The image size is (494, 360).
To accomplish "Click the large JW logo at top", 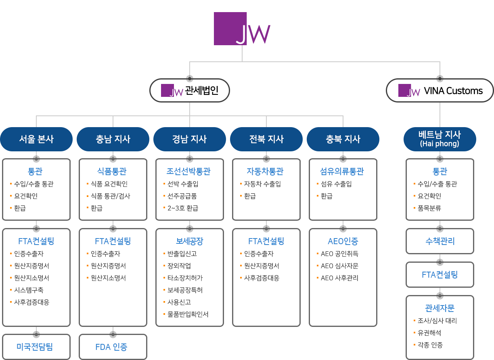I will point(242,29).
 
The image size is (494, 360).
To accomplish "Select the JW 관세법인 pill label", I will point(190,90).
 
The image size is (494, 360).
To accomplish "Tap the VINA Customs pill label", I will point(440,90).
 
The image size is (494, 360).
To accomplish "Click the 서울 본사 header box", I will point(36,139).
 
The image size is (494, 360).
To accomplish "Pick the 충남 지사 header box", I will point(113,139).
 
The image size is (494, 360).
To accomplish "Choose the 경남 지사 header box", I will point(189,139).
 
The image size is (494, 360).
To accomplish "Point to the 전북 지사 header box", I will point(266,139).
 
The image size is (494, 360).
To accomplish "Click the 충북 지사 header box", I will point(343,139).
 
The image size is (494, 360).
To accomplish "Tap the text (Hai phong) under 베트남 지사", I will point(440,144).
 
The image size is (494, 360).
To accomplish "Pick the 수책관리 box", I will point(440,241).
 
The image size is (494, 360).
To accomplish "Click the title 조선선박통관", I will point(188,172).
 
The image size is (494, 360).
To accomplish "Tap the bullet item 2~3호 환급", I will point(182,208).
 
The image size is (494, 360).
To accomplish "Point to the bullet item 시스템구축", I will point(29,290).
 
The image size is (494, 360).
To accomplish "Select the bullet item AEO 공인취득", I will point(339,254).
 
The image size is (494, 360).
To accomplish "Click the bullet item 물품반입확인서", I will point(188,314).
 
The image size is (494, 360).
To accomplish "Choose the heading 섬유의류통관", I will point(342,172).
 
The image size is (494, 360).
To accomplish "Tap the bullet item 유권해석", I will point(429,333).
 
